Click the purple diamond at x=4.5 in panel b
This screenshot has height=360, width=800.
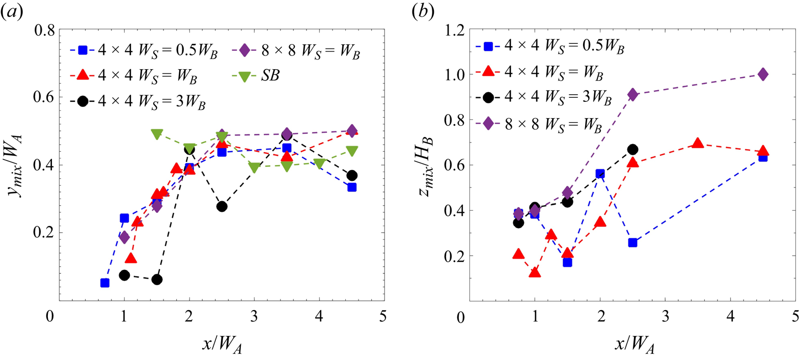[763, 74]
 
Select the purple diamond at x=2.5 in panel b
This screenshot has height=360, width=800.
[632, 94]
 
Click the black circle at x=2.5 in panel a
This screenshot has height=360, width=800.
[222, 206]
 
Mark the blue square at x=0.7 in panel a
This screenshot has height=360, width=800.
[105, 283]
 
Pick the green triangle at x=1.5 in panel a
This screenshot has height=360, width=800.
[157, 134]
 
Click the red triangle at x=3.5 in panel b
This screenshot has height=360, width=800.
[698, 144]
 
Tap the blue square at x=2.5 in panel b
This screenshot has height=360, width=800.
[632, 242]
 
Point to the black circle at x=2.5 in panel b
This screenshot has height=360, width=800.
[632, 149]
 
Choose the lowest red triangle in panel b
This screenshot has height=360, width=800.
[535, 272]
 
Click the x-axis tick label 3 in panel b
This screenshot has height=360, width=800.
[666, 317]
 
